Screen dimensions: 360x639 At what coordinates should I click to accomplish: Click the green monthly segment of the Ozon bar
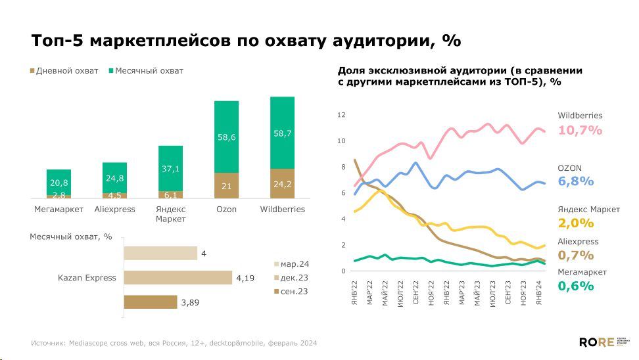(226, 137)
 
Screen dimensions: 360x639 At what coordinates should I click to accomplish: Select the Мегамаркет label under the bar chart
(59, 210)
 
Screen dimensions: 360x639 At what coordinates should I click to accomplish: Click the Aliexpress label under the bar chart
(114, 210)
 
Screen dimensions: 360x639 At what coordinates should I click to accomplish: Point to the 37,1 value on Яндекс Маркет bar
(170, 169)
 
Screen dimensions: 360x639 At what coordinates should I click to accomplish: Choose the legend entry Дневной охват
(64, 71)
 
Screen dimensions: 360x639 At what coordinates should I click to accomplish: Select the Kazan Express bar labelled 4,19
(177, 277)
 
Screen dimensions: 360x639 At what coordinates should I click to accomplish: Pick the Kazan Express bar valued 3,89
(151, 302)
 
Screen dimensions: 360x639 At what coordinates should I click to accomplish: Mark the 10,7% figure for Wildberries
(580, 130)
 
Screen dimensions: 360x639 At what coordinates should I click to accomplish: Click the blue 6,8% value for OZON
(575, 181)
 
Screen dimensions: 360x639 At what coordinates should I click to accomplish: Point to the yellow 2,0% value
(575, 223)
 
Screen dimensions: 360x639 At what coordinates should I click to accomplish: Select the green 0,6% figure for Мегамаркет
(575, 286)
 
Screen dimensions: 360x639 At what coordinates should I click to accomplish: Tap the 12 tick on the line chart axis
(341, 115)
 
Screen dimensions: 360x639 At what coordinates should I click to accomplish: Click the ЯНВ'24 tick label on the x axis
(538, 290)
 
